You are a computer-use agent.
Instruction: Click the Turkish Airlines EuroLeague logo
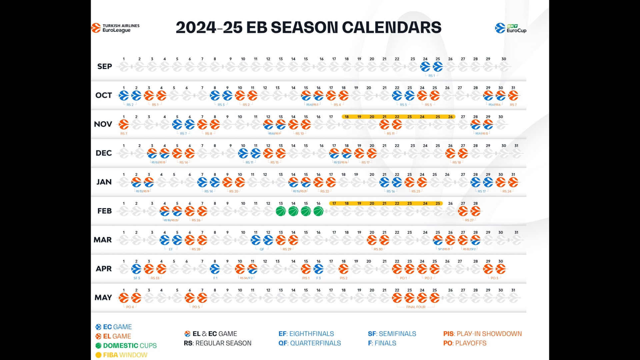tap(115, 28)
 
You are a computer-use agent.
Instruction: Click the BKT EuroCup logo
tap(510, 28)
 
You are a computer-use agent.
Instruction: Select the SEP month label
tap(105, 67)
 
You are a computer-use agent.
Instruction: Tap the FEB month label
tap(105, 211)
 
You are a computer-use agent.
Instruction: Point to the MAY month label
tap(103, 298)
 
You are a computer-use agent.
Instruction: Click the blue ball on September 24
tap(425, 67)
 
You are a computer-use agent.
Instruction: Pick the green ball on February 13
tap(281, 211)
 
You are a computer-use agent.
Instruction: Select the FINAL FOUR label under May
tap(416, 307)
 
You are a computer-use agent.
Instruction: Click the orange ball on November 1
tap(124, 124)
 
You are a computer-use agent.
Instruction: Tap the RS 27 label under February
tap(469, 220)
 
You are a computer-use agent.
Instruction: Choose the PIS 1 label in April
tap(306, 278)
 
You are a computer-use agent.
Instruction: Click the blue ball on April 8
tap(215, 269)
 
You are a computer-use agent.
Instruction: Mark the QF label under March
tap(262, 249)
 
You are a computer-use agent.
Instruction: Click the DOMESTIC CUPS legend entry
tap(126, 346)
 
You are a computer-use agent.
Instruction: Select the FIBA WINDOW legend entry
tap(121, 355)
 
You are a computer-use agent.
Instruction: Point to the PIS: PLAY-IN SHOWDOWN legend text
tap(482, 334)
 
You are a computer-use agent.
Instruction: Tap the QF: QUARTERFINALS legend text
tap(310, 343)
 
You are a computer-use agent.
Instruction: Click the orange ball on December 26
tap(450, 153)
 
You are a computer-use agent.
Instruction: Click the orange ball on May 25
tap(435, 298)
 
